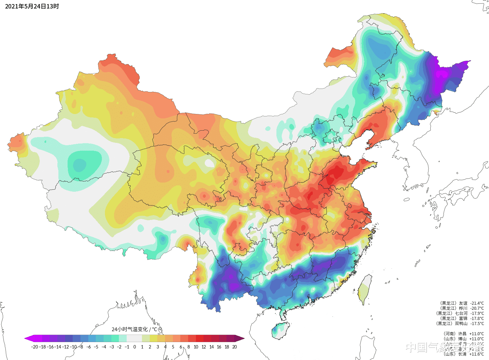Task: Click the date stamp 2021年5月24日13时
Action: coord(32,6)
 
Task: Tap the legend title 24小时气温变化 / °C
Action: coord(134,329)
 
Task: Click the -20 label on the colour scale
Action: coord(34,347)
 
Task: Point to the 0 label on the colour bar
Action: coord(134,347)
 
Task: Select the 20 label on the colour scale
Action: coord(234,347)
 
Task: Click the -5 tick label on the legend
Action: coord(96,347)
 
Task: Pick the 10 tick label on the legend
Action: coord(196,347)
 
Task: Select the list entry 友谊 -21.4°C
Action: coord(462,303)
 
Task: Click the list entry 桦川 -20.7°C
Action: coord(462,308)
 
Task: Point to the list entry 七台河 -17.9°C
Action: coord(460,314)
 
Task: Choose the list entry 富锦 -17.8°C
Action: coord(462,319)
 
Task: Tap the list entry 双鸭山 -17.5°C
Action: coord(460,324)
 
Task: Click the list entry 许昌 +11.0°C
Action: coord(463,334)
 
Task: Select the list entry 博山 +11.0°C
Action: coord(463,339)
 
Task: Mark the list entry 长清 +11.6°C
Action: coord(463,354)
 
